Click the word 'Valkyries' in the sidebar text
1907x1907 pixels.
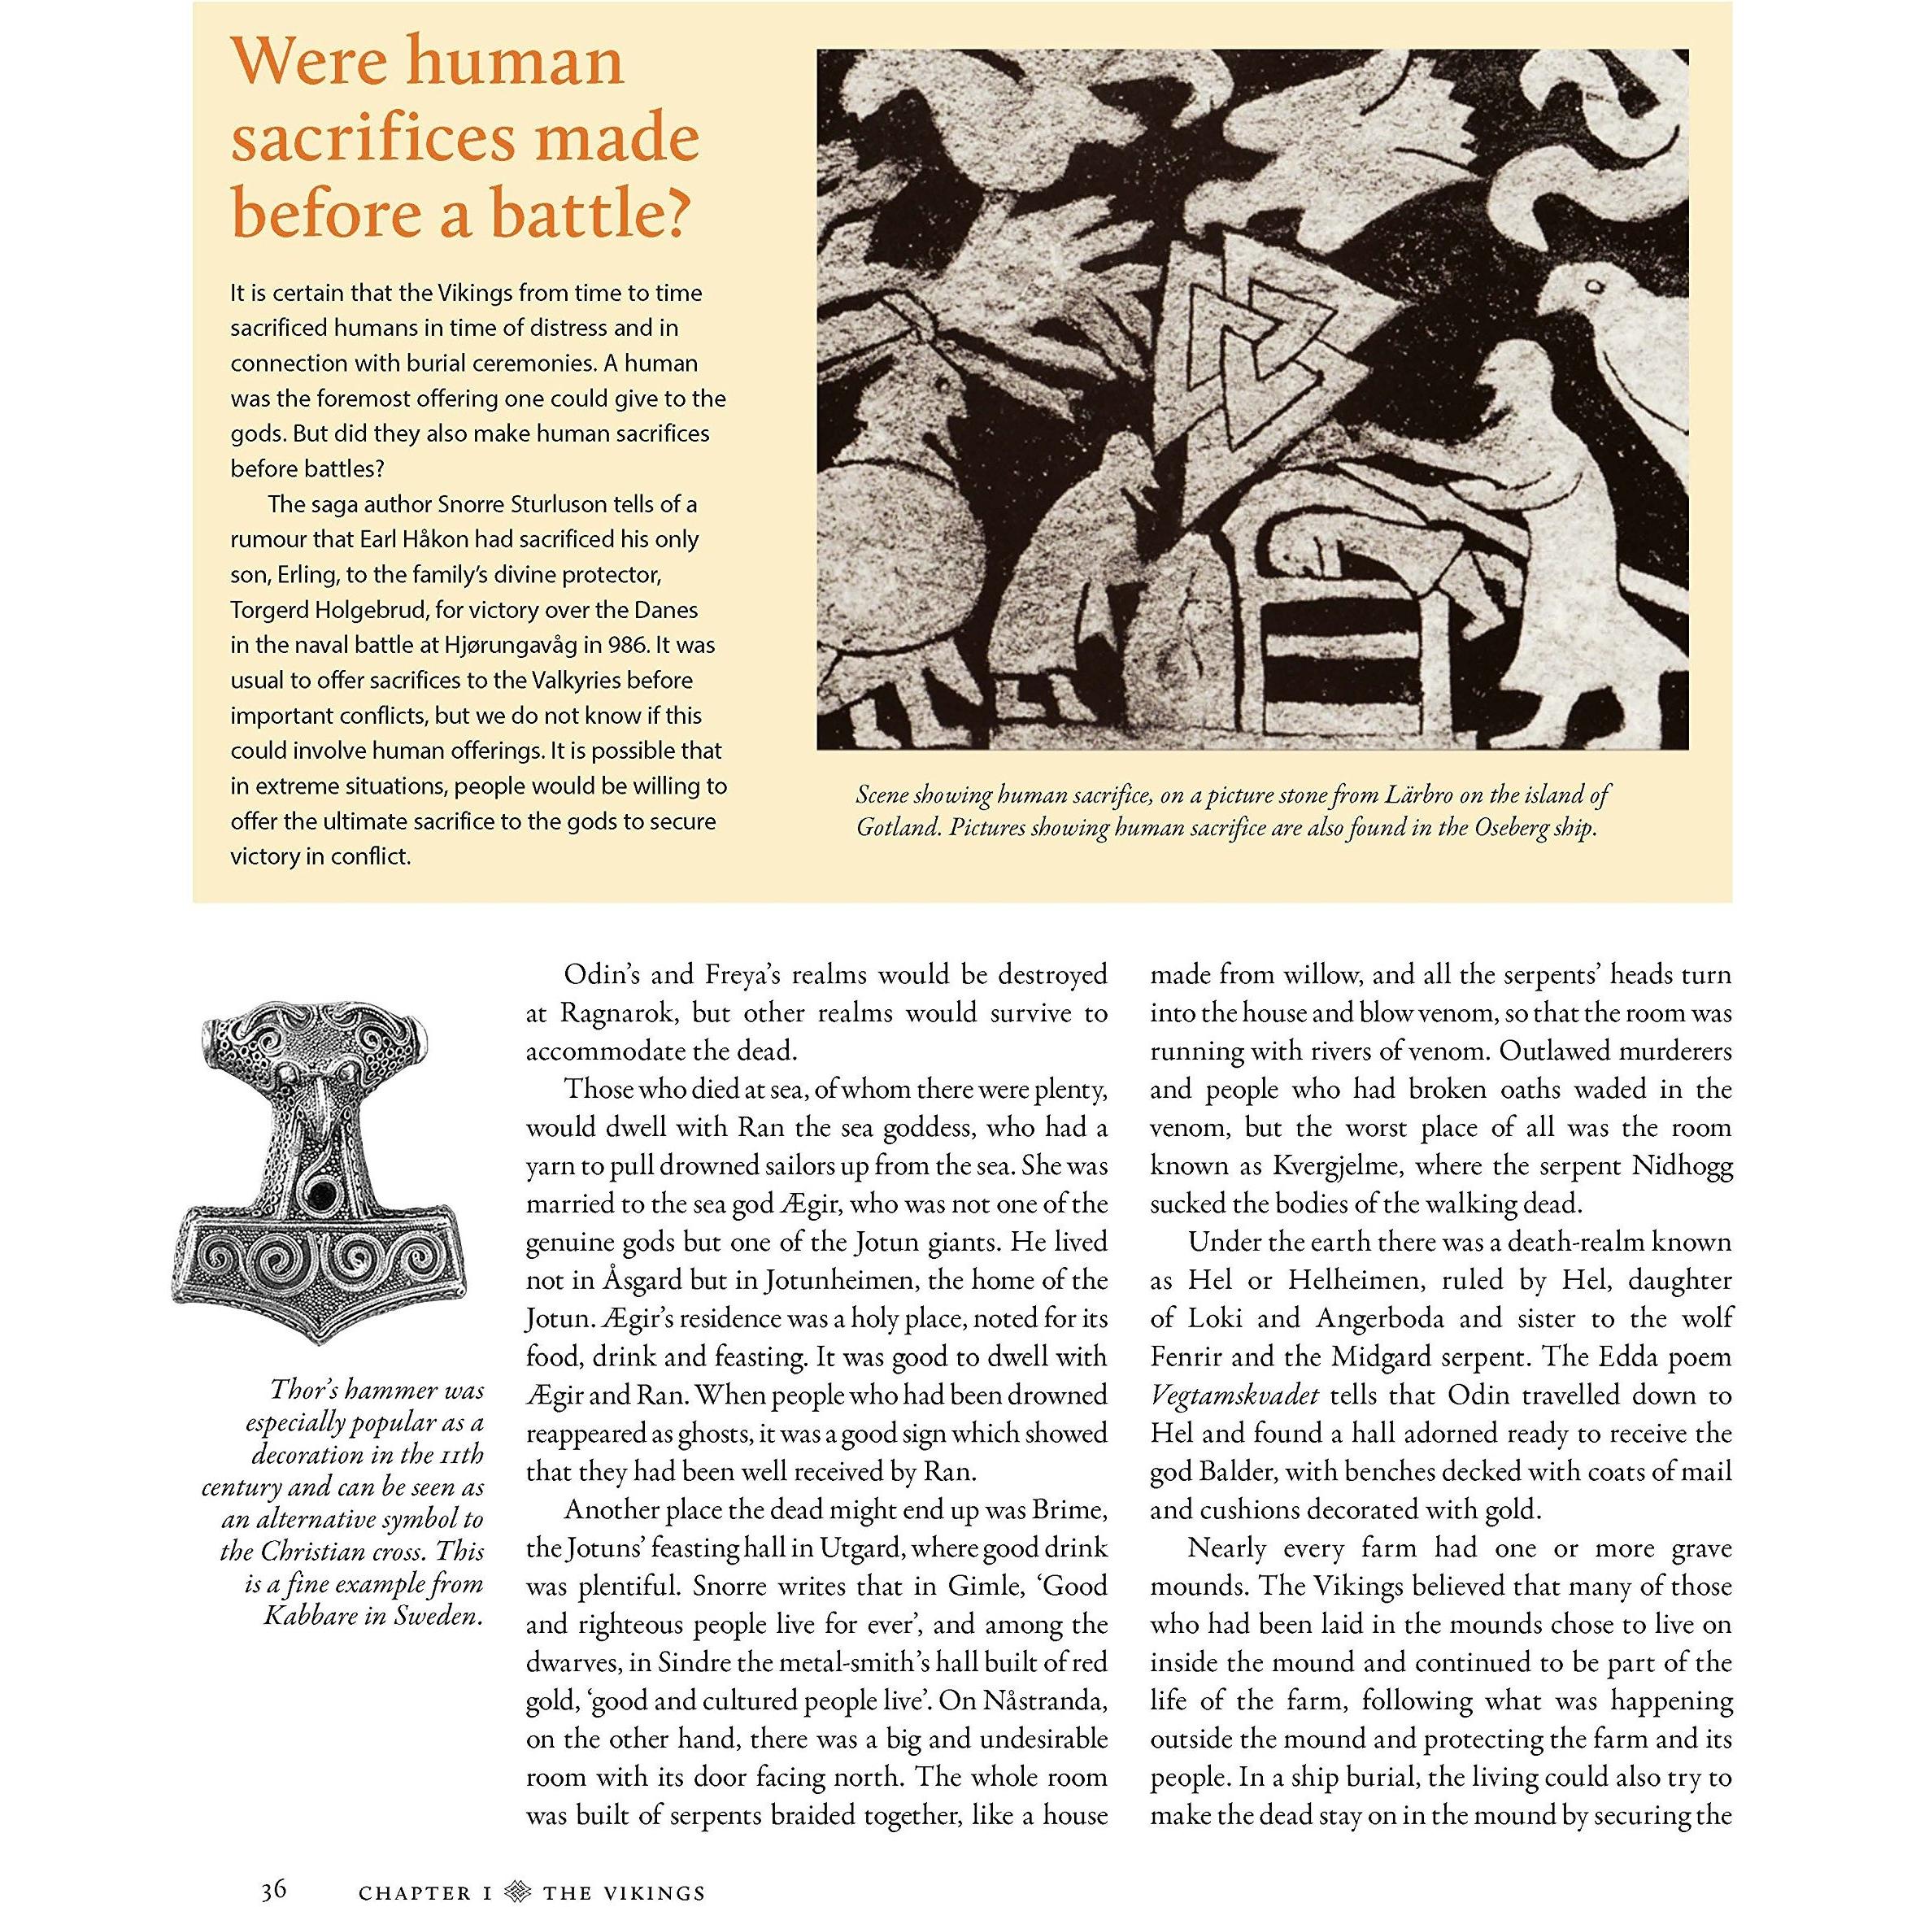tap(585, 680)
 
